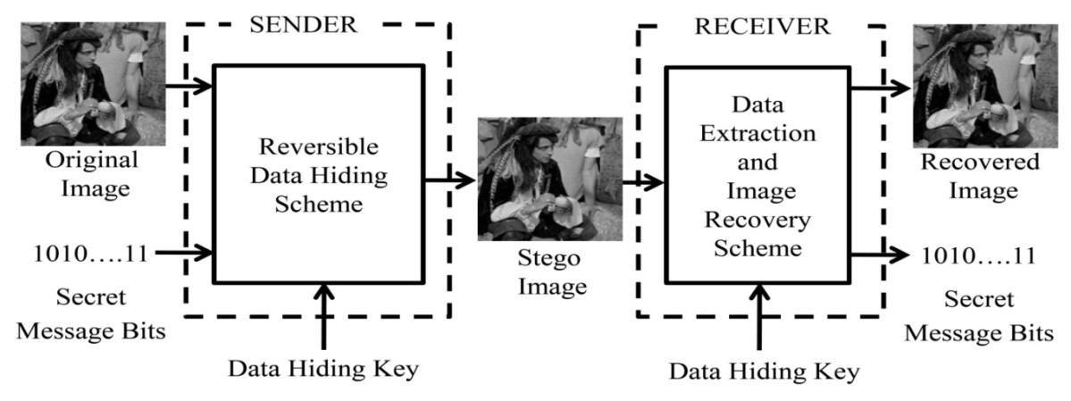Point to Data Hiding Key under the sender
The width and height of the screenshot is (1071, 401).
323,368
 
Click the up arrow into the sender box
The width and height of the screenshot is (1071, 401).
323,318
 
